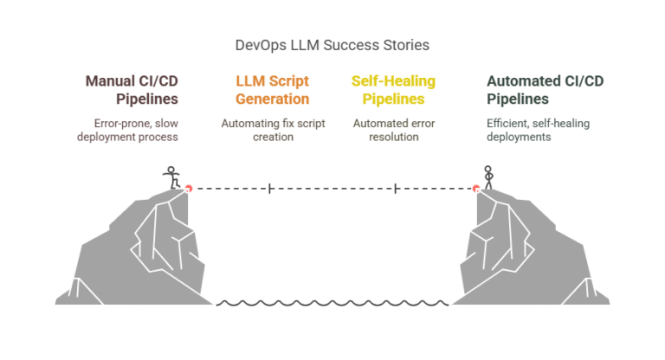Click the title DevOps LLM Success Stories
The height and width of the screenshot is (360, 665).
coord(332,43)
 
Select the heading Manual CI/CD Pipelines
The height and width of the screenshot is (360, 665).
coord(131,90)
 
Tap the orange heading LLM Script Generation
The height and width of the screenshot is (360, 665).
coord(272,90)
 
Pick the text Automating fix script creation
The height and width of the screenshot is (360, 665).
coord(272,130)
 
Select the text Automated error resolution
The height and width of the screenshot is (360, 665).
coord(393,130)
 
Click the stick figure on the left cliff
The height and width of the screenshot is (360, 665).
coord(171,177)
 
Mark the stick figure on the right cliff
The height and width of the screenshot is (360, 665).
coord(488,177)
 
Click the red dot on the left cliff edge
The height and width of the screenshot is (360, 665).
coord(188,188)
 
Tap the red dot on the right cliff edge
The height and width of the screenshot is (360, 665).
coord(475,188)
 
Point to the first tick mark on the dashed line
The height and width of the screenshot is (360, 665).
coord(270,188)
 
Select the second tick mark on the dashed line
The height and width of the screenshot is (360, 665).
coord(395,188)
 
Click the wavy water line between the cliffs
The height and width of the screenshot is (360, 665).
coord(332,303)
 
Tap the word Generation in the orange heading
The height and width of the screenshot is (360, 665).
coord(272,99)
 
